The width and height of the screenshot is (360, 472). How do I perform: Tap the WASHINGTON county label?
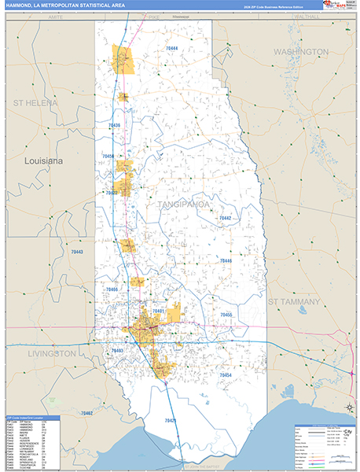(301, 51)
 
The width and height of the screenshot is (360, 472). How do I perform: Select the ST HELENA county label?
(35, 103)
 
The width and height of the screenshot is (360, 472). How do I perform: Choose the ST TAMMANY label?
(294, 301)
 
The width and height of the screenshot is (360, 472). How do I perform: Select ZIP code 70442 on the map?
(226, 218)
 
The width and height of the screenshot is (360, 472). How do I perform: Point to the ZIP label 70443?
(76, 252)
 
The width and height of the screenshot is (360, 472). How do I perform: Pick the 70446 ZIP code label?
(226, 260)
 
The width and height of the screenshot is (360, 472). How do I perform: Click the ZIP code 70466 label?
(112, 289)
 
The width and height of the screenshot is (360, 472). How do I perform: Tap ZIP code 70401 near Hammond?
(159, 312)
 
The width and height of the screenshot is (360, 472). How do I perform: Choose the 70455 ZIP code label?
(226, 315)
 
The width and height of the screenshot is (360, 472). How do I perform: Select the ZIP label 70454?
(226, 375)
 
